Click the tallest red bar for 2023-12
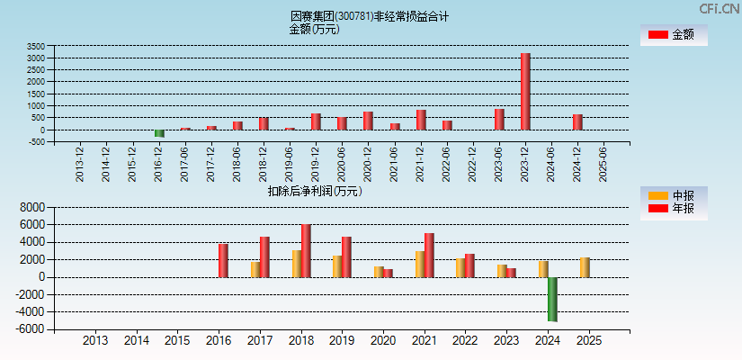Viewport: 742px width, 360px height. (x=525, y=91)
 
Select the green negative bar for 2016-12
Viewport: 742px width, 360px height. (x=159, y=133)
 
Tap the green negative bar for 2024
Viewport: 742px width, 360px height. (x=552, y=299)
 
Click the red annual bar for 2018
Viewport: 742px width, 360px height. (x=306, y=250)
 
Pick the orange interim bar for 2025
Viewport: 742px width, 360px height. (x=585, y=267)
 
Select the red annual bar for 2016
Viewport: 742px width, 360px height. (x=223, y=260)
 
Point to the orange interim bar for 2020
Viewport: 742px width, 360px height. (x=379, y=271)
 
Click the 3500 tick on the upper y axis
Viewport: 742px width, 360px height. (x=36, y=46)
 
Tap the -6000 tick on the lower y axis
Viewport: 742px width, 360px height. (x=30, y=329)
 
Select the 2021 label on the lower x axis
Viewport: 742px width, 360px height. (x=424, y=341)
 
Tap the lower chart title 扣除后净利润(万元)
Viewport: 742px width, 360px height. (x=314, y=191)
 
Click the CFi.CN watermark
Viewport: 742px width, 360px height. (x=719, y=8)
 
